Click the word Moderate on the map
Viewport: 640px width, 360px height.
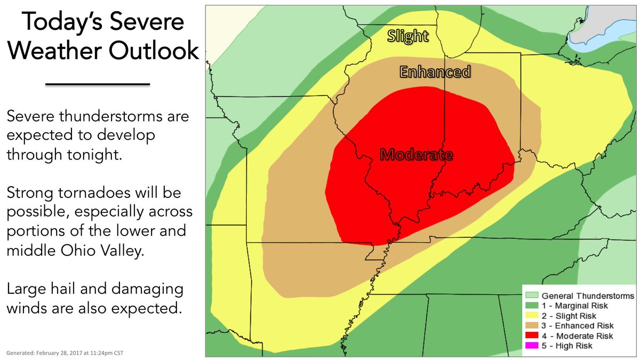pyautogui.click(x=417, y=155)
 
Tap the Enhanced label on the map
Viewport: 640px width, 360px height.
pyautogui.click(x=435, y=71)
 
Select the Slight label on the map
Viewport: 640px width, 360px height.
pyautogui.click(x=407, y=36)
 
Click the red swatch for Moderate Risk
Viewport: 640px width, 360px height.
pyautogui.click(x=532, y=336)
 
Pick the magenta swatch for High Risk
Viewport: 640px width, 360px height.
pyautogui.click(x=532, y=346)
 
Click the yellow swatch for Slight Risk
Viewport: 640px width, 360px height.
pyautogui.click(x=532, y=316)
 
